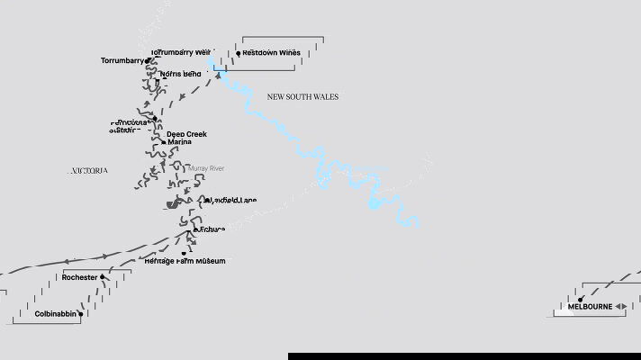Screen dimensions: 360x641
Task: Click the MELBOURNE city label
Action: pos(590,307)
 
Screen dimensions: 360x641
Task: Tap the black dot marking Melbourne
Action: pos(581,299)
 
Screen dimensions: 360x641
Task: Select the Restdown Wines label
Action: pos(271,53)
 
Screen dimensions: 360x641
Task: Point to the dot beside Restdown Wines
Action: pos(239,53)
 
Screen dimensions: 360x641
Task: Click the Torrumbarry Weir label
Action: pos(181,53)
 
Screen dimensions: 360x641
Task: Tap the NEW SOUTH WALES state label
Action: pos(302,97)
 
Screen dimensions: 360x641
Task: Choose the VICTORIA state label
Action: pos(89,170)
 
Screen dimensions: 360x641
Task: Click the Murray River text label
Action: pos(206,168)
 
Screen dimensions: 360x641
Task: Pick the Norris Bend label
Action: pos(180,74)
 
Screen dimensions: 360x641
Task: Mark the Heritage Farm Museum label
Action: pos(185,261)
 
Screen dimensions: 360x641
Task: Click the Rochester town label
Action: pos(79,277)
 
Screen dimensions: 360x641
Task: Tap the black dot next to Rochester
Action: pos(103,277)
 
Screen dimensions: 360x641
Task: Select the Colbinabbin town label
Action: pos(54,314)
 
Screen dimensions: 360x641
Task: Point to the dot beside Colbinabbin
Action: pos(81,314)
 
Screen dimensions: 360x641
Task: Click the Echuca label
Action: pos(212,229)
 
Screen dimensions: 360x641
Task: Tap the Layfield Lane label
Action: pos(232,200)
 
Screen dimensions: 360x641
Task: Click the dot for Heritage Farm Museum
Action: pos(184,253)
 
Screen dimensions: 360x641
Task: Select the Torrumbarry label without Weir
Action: pos(122,61)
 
